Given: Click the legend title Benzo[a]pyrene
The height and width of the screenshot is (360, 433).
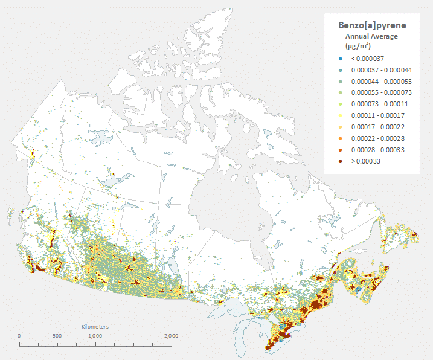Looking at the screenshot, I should (x=371, y=26).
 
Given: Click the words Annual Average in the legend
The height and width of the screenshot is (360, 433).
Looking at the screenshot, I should (x=371, y=36).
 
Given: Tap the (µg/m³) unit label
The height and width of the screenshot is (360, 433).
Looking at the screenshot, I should (x=358, y=45).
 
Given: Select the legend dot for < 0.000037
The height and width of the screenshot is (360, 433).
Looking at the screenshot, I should (x=341, y=59).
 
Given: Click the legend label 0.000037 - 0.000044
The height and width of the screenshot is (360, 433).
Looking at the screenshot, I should (x=377, y=70).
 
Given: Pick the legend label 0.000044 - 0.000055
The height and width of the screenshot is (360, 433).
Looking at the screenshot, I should (x=377, y=82).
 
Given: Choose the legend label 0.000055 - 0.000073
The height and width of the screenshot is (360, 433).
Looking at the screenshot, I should (x=377, y=93).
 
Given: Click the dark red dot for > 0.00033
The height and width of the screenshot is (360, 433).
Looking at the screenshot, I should (x=341, y=161).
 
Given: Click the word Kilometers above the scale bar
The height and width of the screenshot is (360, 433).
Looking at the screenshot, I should (x=95, y=327).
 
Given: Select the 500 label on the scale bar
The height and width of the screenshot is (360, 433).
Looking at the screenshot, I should (x=57, y=336).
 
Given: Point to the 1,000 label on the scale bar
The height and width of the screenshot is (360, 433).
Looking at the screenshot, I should (x=95, y=336).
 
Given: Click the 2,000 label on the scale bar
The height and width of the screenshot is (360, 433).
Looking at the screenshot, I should (x=171, y=336).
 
